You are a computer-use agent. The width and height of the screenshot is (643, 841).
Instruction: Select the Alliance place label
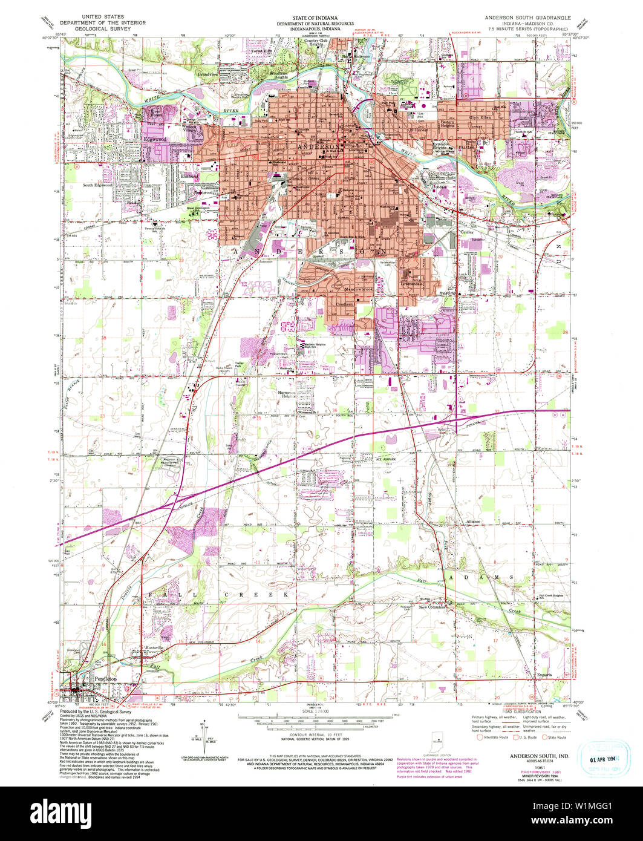tap(472, 521)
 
